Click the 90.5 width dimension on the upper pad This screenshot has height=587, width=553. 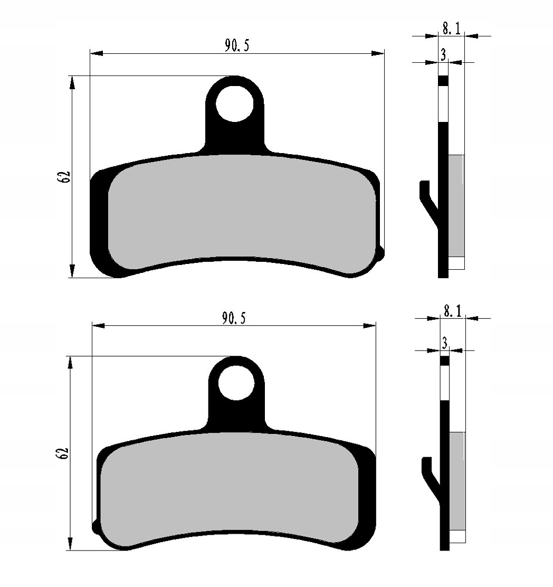pyautogui.click(x=236, y=45)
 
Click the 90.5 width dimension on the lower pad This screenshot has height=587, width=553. pyautogui.click(x=234, y=318)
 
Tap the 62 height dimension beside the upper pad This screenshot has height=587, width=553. pyautogui.click(x=64, y=177)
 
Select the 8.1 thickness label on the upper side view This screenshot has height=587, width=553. pyautogui.click(x=452, y=28)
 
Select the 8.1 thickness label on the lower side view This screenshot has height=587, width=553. pyautogui.click(x=452, y=311)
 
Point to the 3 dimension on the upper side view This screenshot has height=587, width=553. pyautogui.click(x=443, y=55)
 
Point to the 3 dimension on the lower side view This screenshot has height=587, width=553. pyautogui.click(x=444, y=343)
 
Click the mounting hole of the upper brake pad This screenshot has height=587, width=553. pyautogui.click(x=235, y=103)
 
